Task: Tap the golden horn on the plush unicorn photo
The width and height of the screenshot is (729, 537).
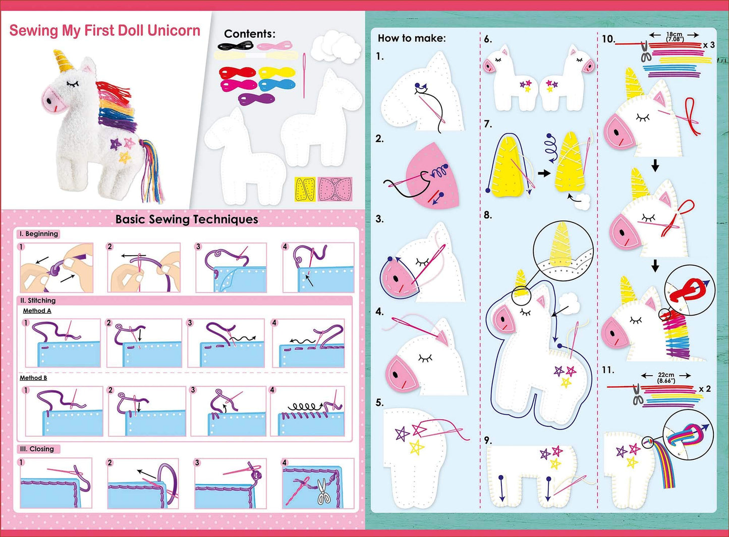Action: tap(64, 62)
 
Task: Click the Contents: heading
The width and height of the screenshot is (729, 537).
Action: tap(250, 34)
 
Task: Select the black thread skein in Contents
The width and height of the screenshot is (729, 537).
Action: tap(235, 46)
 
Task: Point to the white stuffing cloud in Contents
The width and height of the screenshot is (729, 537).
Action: tap(335, 47)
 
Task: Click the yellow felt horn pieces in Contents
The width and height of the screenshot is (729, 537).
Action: tap(305, 189)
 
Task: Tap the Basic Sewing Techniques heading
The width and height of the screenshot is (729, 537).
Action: tap(187, 219)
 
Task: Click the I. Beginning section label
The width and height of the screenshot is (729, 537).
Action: tap(39, 234)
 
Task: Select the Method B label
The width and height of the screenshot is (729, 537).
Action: tap(33, 378)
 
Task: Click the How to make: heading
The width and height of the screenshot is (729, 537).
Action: tap(412, 38)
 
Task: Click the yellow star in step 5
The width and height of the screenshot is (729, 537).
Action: tap(416, 447)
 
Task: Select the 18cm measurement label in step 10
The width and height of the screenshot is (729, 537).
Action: tap(674, 36)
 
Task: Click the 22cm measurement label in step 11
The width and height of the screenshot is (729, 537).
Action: tap(666, 377)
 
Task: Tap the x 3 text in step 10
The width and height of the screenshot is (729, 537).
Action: tap(709, 45)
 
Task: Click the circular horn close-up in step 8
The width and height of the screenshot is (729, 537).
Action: tap(563, 249)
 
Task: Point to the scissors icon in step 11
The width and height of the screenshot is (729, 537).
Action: tap(638, 394)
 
